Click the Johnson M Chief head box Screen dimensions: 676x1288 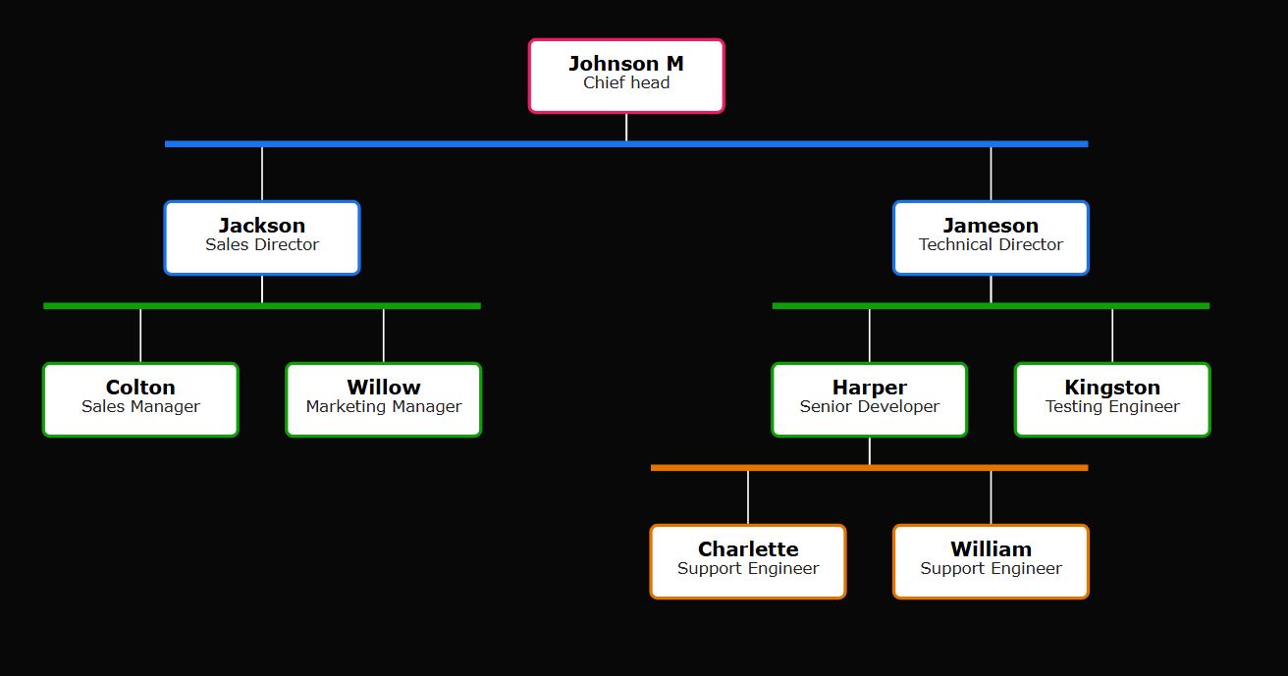[x=626, y=76]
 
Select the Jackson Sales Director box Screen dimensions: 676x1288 [x=262, y=237]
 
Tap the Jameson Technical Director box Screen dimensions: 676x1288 [x=991, y=237]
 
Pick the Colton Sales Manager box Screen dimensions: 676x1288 [x=140, y=399]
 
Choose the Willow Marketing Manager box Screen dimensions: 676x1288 [x=384, y=399]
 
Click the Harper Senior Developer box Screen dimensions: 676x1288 [x=869, y=399]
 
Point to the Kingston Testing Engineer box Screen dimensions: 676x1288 [x=1112, y=399]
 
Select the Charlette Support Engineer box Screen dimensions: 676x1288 [x=748, y=561]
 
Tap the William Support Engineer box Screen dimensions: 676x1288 [x=991, y=561]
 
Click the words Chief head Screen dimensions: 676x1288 [x=626, y=83]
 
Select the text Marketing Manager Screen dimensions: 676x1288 [x=384, y=407]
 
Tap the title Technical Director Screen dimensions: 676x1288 [x=991, y=245]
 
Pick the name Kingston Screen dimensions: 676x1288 [x=1112, y=388]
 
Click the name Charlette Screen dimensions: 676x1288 [x=748, y=549]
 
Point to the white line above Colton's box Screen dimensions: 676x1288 [x=140, y=336]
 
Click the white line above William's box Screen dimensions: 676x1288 [x=991, y=497]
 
